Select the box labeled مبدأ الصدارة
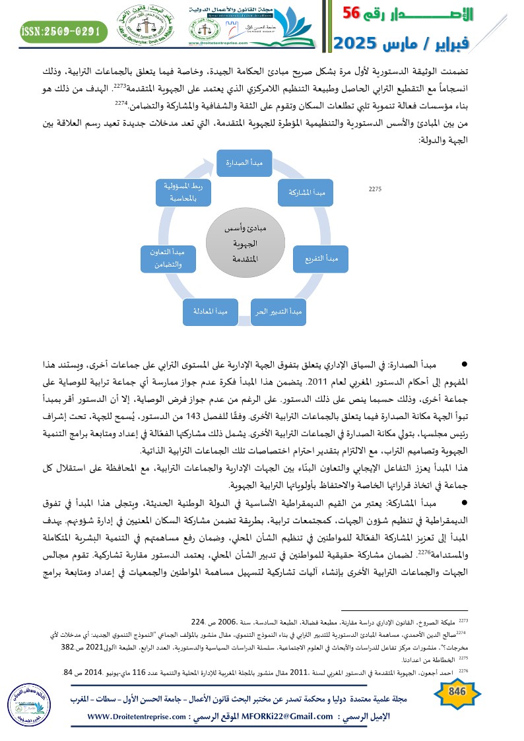245,162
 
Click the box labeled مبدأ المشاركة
305,191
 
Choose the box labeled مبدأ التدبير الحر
277,310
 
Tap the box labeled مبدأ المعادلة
210,310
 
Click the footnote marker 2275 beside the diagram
376,189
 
